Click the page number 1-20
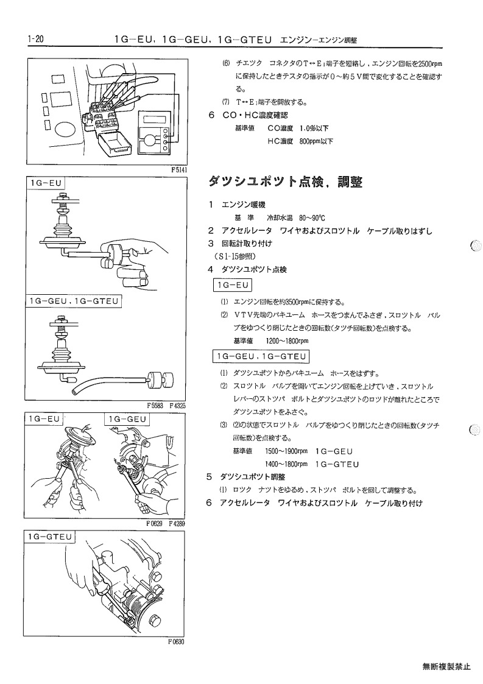[x=35, y=39]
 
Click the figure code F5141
[x=179, y=170]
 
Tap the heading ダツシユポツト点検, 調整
[x=285, y=182]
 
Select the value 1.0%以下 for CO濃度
[x=314, y=129]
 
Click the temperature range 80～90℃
[x=312, y=217]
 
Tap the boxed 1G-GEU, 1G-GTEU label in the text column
[x=261, y=356]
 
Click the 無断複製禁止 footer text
[x=446, y=666]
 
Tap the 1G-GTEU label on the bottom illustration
[x=49, y=537]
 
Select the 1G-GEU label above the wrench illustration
[x=127, y=419]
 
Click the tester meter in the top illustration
[x=153, y=133]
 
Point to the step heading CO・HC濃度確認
[x=255, y=115]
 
